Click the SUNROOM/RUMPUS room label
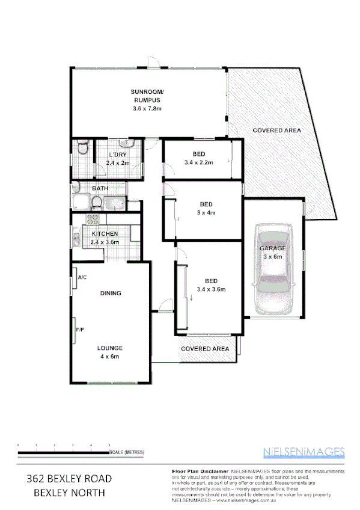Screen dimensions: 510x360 coord(147,96)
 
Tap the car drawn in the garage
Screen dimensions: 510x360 coord(274,270)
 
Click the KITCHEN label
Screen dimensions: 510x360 coord(105,233)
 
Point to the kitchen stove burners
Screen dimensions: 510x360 coord(93,220)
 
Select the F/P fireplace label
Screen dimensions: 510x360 coord(79,330)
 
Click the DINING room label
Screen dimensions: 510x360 coord(111,293)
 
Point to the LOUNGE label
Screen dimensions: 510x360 coord(111,348)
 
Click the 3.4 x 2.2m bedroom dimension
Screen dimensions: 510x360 coord(198,162)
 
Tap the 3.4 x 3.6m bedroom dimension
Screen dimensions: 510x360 coord(211,289)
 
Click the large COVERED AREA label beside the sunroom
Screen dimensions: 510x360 coord(276,130)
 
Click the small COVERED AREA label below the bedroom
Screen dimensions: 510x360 coord(205,348)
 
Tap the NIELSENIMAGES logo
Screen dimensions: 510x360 coord(304,452)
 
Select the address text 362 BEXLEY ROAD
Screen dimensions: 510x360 coord(69,479)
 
